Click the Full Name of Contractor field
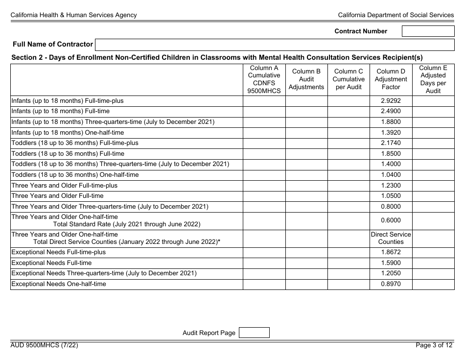pos(274,45)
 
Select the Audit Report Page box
pos(254,333)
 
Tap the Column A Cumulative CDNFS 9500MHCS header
pos(264,79)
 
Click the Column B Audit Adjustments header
pos(306,79)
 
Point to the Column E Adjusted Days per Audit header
pos(433,79)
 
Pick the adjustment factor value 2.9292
pos(391,101)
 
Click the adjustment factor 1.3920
pos(391,133)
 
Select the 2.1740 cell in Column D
pos(391,143)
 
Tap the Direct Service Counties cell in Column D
pos(391,238)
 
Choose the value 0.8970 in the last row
pos(391,284)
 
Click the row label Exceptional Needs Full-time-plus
pos(58,252)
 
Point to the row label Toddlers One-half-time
pos(75,175)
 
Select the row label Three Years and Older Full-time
pos(57,196)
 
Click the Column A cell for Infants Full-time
pos(264,112)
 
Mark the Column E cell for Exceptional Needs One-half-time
pos(433,284)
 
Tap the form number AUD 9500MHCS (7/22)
pos(44,345)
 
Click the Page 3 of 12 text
pos(434,345)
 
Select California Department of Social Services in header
pos(395,15)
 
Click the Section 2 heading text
pos(217,58)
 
